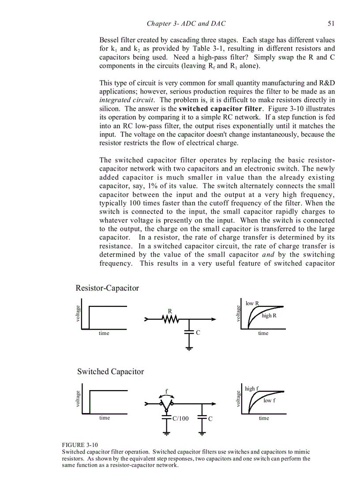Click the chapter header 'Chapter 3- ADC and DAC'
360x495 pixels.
(186, 23)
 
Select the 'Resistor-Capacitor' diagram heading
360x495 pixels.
(107, 288)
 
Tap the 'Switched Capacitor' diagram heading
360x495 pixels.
(110, 372)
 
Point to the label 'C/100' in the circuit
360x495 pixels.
(180, 418)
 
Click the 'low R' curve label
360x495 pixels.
(252, 303)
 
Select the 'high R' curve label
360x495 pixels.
(269, 316)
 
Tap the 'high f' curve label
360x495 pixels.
(251, 388)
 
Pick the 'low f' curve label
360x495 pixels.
(270, 400)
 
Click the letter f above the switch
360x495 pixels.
(166, 391)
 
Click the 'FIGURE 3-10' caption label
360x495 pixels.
(80, 445)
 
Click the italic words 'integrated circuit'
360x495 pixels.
(127, 100)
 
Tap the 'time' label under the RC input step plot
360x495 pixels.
(104, 333)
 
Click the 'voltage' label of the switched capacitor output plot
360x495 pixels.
(238, 399)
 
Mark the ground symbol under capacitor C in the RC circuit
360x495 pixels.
(189, 348)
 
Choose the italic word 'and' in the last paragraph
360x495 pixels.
(268, 255)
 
